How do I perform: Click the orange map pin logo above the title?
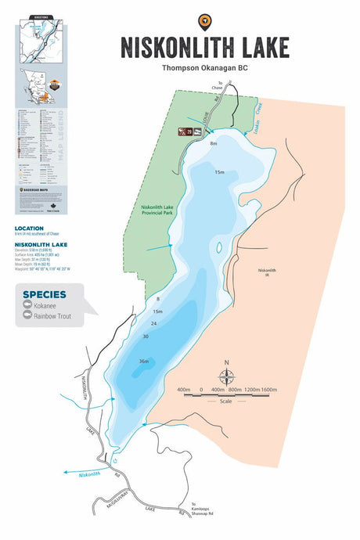click(x=205, y=20)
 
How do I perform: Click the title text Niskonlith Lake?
click(x=205, y=47)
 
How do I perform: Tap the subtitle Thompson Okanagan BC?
click(x=205, y=69)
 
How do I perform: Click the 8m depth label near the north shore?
click(x=213, y=144)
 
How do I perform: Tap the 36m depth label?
click(x=143, y=361)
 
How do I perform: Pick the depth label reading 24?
click(x=154, y=323)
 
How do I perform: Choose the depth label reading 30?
click(x=146, y=337)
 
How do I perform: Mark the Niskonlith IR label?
click(x=267, y=273)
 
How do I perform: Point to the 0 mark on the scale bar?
click(x=202, y=389)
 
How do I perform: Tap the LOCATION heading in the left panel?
click(x=29, y=229)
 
